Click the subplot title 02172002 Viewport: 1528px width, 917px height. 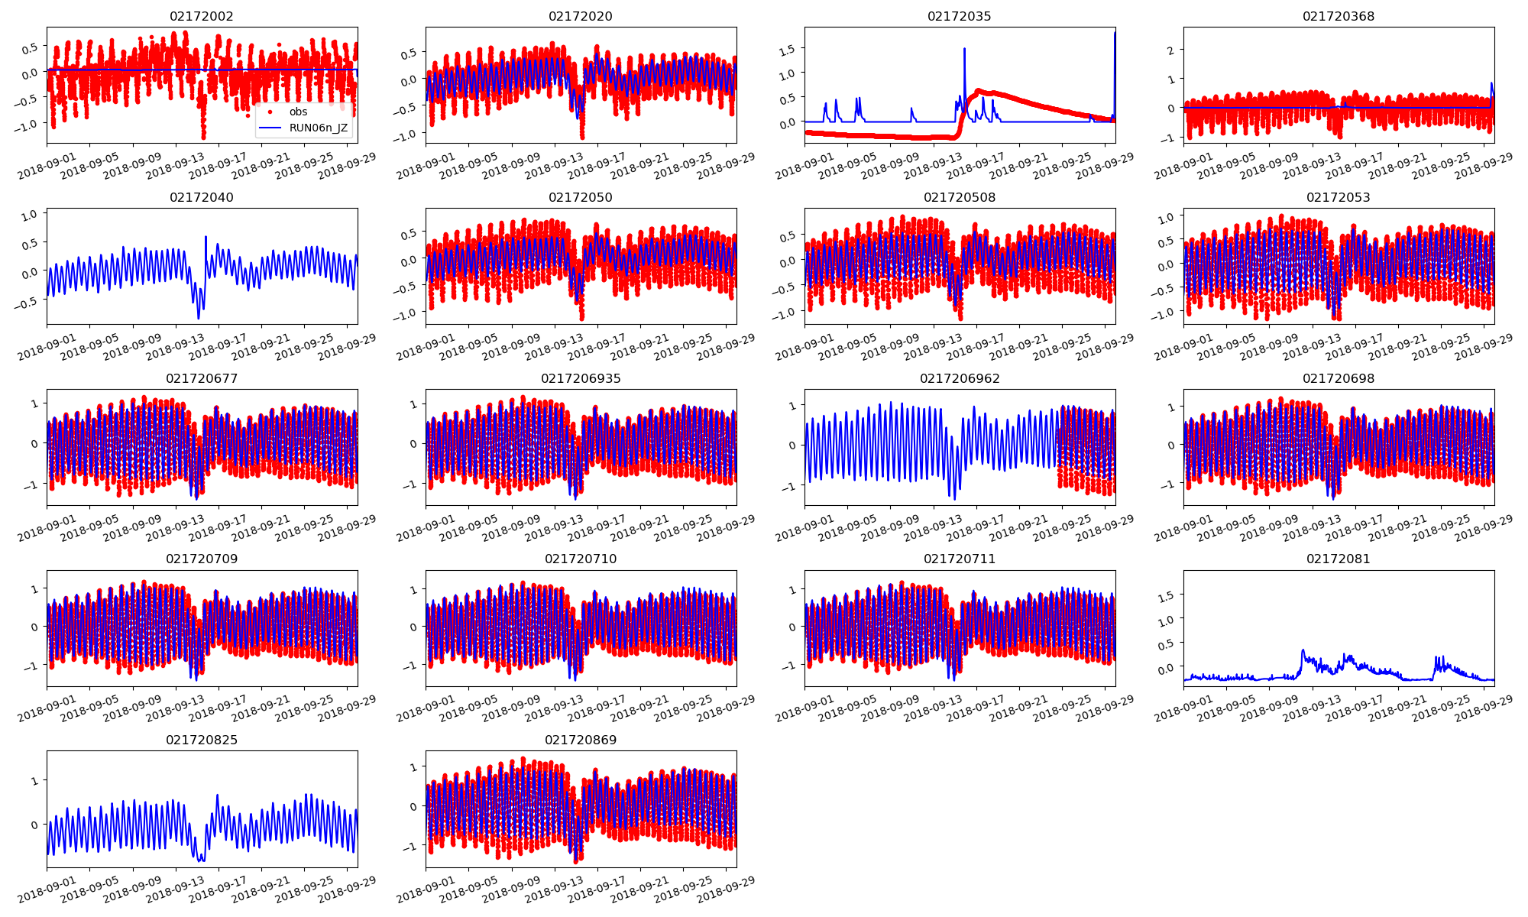tap(202, 16)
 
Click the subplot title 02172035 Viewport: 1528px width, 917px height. tap(960, 16)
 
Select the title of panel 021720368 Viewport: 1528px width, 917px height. tap(1339, 16)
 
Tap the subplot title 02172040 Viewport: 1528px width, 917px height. tap(202, 197)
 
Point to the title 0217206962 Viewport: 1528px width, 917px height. tap(960, 378)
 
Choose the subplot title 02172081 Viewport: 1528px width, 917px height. tap(1339, 559)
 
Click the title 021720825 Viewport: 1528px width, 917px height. tap(202, 740)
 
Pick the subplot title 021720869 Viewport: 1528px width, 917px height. tap(581, 740)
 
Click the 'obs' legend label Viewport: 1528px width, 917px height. tap(298, 112)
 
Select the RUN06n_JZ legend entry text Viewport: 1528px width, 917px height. tap(319, 128)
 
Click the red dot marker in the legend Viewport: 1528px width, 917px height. tap(270, 112)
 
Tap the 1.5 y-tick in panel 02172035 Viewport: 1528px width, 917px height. tap(786, 49)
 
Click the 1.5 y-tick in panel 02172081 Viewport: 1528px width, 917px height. tap(1165, 595)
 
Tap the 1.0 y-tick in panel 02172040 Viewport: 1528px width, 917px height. tap(29, 216)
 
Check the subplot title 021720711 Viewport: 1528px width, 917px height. tap(960, 559)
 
